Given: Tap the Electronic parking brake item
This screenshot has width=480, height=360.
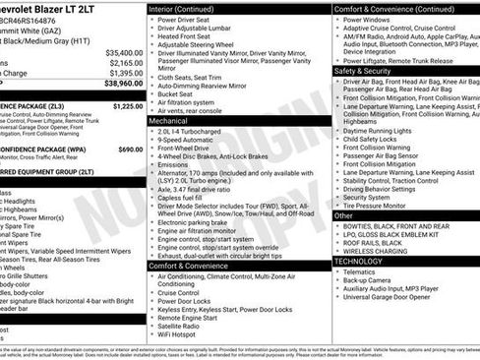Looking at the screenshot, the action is (203, 222).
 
